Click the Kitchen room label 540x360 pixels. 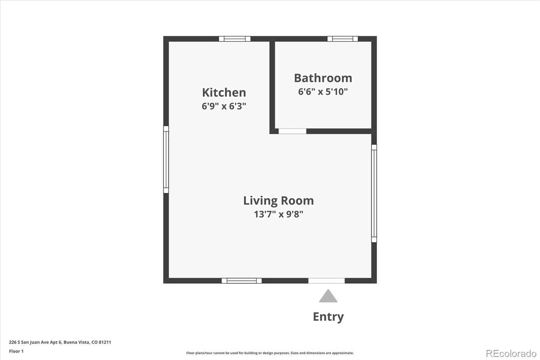point(224,93)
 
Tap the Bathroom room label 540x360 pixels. point(323,78)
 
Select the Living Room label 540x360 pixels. point(278,201)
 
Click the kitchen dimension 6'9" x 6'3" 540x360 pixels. point(224,106)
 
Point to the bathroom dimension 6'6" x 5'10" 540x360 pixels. point(323,92)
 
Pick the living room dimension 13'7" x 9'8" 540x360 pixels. point(278,214)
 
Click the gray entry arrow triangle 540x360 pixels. point(328,296)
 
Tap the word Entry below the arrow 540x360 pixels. point(328,317)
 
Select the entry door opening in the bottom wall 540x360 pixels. point(326,281)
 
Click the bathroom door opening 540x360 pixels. point(292,131)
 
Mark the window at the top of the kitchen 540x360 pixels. point(235,39)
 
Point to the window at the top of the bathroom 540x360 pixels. point(343,39)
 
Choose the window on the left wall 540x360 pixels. point(166,159)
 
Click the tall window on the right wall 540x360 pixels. point(374,194)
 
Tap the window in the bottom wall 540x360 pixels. point(242,281)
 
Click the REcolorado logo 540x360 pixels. point(511,354)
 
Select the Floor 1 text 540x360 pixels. point(16,351)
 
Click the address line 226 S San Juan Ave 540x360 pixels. point(60,342)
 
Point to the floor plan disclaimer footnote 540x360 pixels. point(270,353)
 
